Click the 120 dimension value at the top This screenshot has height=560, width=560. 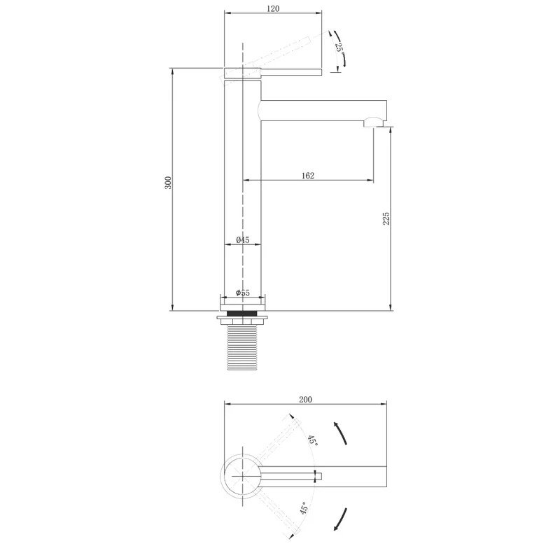point(273,8)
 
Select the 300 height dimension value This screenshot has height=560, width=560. point(168,183)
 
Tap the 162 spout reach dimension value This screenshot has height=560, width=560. point(308,176)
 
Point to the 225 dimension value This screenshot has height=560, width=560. point(386,218)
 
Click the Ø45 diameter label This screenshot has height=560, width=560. point(242,239)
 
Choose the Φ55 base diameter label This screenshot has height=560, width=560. point(242,293)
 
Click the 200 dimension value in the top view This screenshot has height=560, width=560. point(305,399)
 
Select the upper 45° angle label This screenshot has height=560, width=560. point(313,440)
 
